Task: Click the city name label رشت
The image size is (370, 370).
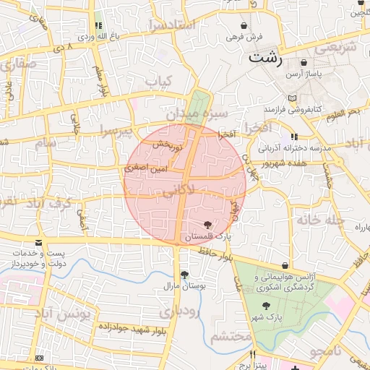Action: coord(264,58)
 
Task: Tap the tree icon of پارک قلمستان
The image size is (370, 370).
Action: coord(209,225)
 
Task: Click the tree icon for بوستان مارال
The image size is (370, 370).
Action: coord(185,275)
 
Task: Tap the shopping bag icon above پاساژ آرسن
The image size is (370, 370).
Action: coord(304,63)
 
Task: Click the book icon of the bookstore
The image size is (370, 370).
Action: coord(292,98)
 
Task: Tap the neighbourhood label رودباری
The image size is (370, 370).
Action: coord(178,312)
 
